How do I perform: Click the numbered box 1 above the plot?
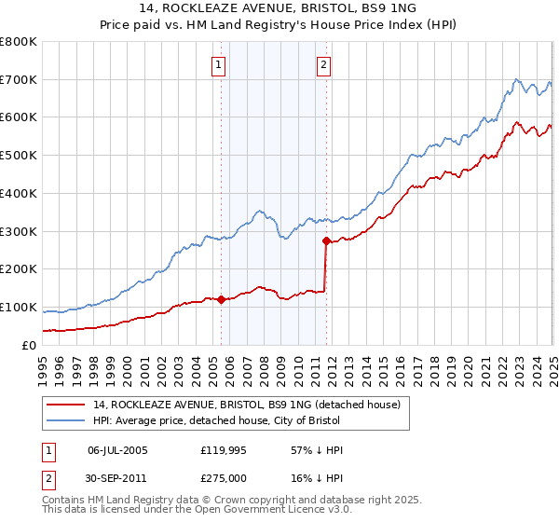(x=218, y=65)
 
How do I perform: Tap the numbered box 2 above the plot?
(x=323, y=65)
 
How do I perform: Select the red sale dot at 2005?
(x=222, y=299)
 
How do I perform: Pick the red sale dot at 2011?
(x=326, y=240)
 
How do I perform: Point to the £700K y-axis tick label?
(x=19, y=79)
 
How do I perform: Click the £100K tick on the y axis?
(x=19, y=307)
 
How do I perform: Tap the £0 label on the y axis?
(x=28, y=345)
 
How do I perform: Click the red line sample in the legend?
(x=65, y=405)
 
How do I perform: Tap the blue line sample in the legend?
(x=65, y=419)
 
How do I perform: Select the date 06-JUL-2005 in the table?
(x=117, y=450)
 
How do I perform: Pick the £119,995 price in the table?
(x=223, y=450)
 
